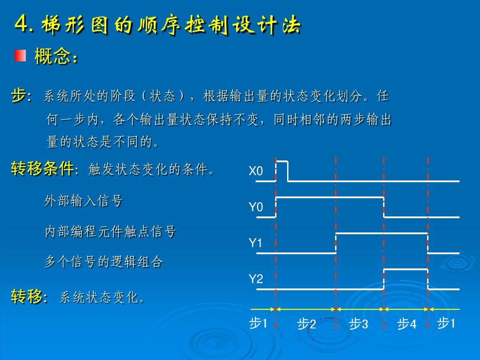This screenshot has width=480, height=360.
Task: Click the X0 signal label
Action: [256, 171]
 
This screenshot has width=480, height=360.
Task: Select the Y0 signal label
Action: [256, 207]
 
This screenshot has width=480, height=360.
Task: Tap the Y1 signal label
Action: [256, 243]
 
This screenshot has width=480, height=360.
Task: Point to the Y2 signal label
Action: [256, 279]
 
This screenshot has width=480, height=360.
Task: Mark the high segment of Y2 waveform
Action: [406, 269]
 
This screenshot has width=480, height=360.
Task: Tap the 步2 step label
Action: [306, 324]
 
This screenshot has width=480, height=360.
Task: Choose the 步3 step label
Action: [359, 324]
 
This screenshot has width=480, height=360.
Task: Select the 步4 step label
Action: [407, 324]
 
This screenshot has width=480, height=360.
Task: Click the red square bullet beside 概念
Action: [20, 56]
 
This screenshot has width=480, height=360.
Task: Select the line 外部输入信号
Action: [84, 201]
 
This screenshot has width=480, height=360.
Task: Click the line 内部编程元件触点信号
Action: [111, 232]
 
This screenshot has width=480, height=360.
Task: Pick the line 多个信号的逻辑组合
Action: [104, 262]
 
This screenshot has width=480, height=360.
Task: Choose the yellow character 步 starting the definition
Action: [18, 95]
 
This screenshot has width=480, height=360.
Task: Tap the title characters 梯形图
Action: [75, 24]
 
